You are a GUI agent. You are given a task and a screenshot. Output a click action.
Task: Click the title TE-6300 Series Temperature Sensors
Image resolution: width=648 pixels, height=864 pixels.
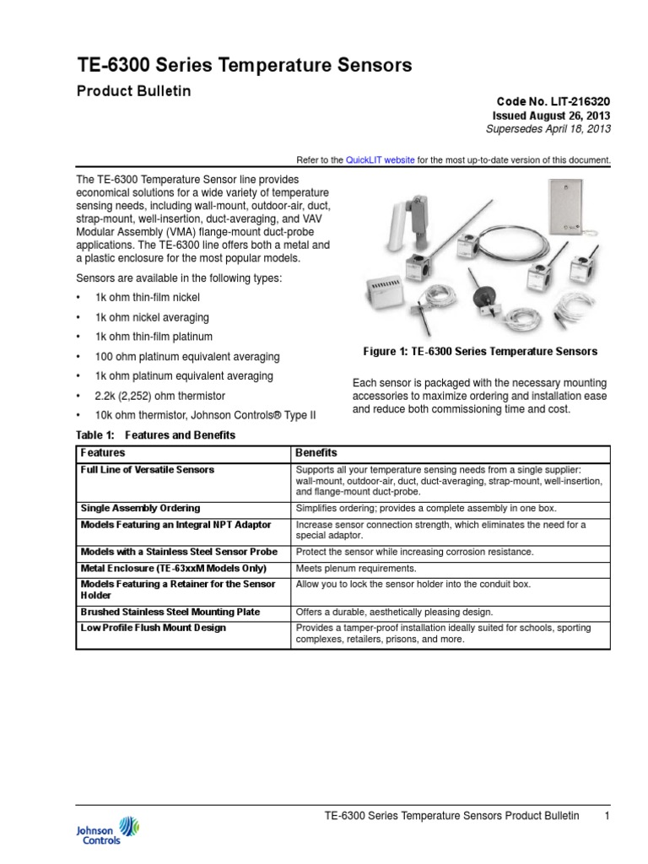pos(244,65)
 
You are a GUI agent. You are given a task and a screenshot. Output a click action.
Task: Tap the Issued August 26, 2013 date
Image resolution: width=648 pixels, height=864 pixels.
pos(551,115)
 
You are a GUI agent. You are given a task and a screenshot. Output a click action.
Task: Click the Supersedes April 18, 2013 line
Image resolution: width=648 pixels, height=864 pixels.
pos(548,129)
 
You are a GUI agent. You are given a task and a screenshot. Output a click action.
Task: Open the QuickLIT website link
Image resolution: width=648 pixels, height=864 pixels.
pos(380,159)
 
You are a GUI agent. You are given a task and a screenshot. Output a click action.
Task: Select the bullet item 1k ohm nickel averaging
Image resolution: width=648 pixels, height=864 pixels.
pos(148,317)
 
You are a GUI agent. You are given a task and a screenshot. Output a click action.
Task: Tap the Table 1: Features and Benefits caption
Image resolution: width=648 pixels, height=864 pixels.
pos(155,435)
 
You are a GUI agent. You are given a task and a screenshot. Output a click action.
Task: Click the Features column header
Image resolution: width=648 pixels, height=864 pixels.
pos(102,453)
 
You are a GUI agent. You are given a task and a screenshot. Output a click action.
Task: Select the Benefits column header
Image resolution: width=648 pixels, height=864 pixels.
pos(316,453)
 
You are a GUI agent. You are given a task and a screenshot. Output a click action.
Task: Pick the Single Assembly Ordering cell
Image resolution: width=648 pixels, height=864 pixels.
pos(140,508)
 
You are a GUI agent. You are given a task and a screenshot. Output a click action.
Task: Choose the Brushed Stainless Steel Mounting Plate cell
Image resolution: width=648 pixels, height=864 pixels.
pos(170,612)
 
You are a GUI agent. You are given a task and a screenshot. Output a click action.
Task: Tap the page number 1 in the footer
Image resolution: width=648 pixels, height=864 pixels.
pos(607,816)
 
